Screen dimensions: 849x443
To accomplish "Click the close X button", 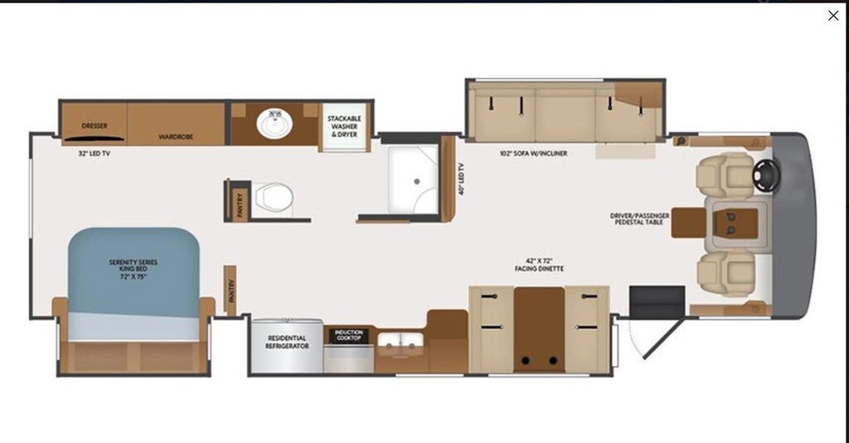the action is coord(833,16).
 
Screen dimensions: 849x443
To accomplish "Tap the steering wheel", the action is coord(766,176).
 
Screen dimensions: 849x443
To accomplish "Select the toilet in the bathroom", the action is coord(274,197).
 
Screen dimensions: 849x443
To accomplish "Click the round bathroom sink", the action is coord(274,123).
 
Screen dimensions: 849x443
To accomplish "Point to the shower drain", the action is coord(417,182).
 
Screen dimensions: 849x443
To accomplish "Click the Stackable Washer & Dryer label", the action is coord(344,126).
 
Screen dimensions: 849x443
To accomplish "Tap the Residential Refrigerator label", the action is coord(287,342).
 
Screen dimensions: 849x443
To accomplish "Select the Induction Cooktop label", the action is coord(349,335).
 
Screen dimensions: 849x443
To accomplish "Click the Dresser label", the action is coord(95,125).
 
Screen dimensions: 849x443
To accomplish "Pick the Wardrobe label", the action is coord(176,137).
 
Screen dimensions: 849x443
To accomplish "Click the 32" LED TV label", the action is coord(95,153).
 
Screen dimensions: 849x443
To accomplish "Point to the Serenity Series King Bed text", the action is coord(133,269).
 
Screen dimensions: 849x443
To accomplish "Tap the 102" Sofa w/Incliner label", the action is coord(533,153).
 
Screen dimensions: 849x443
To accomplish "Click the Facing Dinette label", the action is coord(539,269).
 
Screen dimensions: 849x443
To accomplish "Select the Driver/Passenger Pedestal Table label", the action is coord(639,219).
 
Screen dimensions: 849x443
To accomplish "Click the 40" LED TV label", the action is coord(461,178).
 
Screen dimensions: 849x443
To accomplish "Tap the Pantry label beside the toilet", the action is coord(240,205).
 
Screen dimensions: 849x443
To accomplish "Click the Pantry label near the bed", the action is coord(231,290).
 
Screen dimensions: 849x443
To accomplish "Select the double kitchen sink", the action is coord(400,340).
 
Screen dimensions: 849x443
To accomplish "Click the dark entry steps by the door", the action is coord(657,302).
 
